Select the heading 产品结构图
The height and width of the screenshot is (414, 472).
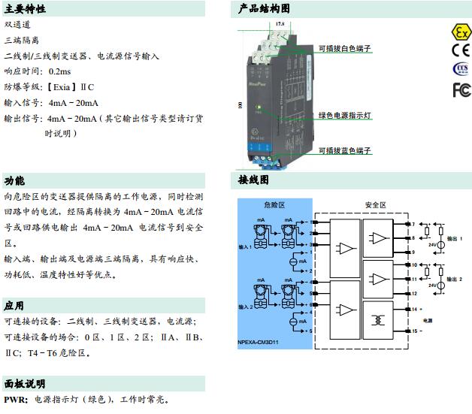click(x=264, y=9)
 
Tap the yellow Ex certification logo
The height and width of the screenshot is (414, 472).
click(x=460, y=32)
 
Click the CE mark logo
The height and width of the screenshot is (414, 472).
click(x=460, y=51)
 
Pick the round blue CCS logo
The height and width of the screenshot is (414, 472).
click(x=460, y=70)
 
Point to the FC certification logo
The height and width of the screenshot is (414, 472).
click(x=460, y=89)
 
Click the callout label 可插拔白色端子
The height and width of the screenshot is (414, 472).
click(x=344, y=49)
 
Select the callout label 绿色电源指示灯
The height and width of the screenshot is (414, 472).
click(x=345, y=116)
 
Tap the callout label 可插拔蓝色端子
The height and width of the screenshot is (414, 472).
click(x=344, y=151)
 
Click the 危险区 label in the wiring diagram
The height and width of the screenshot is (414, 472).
click(x=275, y=204)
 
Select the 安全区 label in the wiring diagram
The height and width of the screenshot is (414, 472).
click(x=376, y=204)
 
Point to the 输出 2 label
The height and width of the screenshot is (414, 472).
click(x=455, y=279)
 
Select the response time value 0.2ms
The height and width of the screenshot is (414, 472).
click(x=60, y=71)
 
